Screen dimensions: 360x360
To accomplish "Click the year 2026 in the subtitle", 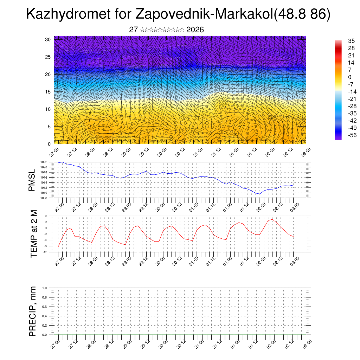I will click(x=195, y=30).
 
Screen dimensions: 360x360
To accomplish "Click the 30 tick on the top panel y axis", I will click(x=48, y=39).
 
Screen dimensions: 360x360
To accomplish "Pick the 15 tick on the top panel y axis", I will click(x=48, y=92).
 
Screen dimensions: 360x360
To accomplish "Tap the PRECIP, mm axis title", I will click(x=33, y=311).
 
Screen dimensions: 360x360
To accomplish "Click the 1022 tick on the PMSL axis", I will click(x=44, y=162).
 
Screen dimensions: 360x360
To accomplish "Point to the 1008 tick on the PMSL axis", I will click(x=44, y=198).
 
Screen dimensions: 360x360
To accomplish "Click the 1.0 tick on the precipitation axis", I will click(x=45, y=288).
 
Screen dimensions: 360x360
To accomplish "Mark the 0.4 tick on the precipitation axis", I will click(x=45, y=316).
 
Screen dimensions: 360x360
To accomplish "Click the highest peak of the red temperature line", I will click(x=272, y=219).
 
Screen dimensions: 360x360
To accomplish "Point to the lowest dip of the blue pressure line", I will click(x=260, y=194).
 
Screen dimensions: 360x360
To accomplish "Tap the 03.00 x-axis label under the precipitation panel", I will click(x=307, y=343).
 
